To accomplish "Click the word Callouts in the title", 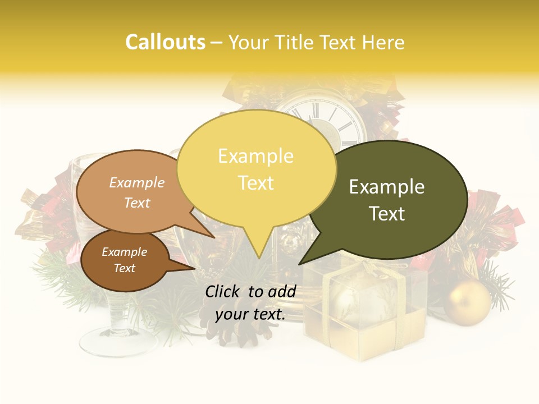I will (165, 42).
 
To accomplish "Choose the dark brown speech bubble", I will (125, 260).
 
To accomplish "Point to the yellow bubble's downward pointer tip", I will (259, 258).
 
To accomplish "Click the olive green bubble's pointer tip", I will (300, 264).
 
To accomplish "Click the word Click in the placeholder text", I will (223, 291).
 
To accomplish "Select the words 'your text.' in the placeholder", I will (250, 314).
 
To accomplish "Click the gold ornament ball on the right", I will (467, 303).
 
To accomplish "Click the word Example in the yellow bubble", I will (255, 156).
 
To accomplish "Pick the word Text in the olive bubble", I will (387, 213).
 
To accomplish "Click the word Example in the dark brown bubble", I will (125, 252).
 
